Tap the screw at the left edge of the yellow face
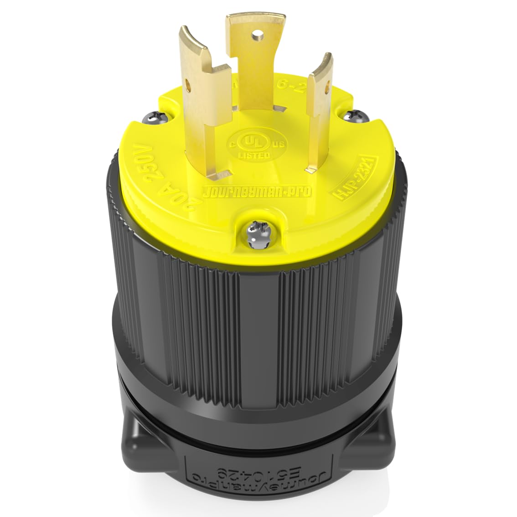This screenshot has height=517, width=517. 152,119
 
